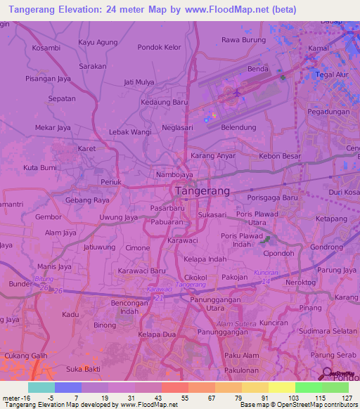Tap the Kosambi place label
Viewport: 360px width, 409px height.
pos(46,48)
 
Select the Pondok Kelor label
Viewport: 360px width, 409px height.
pos(160,47)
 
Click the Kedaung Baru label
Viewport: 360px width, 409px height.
pos(165,102)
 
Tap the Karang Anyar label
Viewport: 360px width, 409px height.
pos(212,155)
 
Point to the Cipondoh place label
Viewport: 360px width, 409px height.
pos(278,254)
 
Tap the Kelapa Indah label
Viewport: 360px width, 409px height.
pos(205,259)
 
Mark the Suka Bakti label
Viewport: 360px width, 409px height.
pos(82,369)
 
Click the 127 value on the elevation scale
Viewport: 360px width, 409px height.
pos(338,398)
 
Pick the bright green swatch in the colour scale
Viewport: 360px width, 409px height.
pos(308,387)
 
